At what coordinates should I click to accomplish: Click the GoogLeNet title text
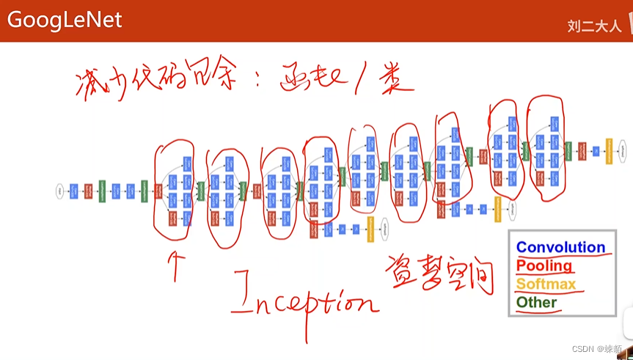(65, 20)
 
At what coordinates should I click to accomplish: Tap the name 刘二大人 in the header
(593, 26)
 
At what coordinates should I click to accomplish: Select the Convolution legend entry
(560, 247)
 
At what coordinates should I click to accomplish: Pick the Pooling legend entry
(544, 265)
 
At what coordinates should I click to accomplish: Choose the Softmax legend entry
(546, 284)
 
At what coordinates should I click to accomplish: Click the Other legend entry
(536, 302)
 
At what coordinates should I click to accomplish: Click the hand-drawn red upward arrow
(175, 265)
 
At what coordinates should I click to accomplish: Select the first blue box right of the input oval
(73, 191)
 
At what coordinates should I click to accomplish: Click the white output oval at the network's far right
(623, 151)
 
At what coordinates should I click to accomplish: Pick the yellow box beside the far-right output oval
(609, 151)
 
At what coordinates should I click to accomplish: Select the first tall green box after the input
(102, 191)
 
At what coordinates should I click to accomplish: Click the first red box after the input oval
(88, 191)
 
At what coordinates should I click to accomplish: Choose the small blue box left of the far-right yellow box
(596, 151)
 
